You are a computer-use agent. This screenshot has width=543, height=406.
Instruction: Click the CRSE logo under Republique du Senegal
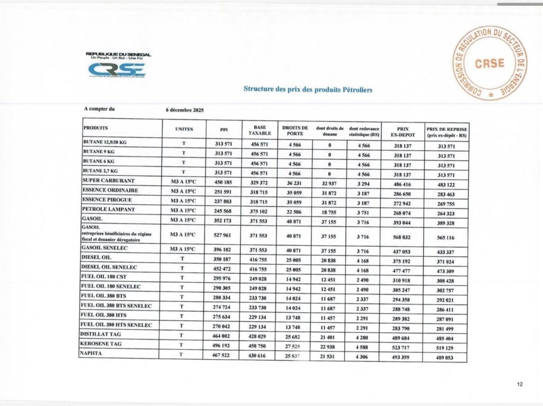point(116,70)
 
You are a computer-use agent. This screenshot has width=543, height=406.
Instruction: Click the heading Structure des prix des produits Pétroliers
point(308,89)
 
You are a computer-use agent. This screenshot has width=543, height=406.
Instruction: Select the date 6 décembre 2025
point(185,110)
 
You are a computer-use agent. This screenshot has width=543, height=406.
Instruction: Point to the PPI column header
point(224,128)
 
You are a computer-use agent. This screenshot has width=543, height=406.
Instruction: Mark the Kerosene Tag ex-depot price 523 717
point(401,344)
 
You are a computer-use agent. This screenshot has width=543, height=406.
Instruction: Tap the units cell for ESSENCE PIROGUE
point(183,200)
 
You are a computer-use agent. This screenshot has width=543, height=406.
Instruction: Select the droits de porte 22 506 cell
point(294,210)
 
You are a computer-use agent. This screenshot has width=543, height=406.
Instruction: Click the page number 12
point(519,384)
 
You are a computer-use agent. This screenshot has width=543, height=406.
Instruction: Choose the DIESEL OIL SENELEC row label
point(109,267)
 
